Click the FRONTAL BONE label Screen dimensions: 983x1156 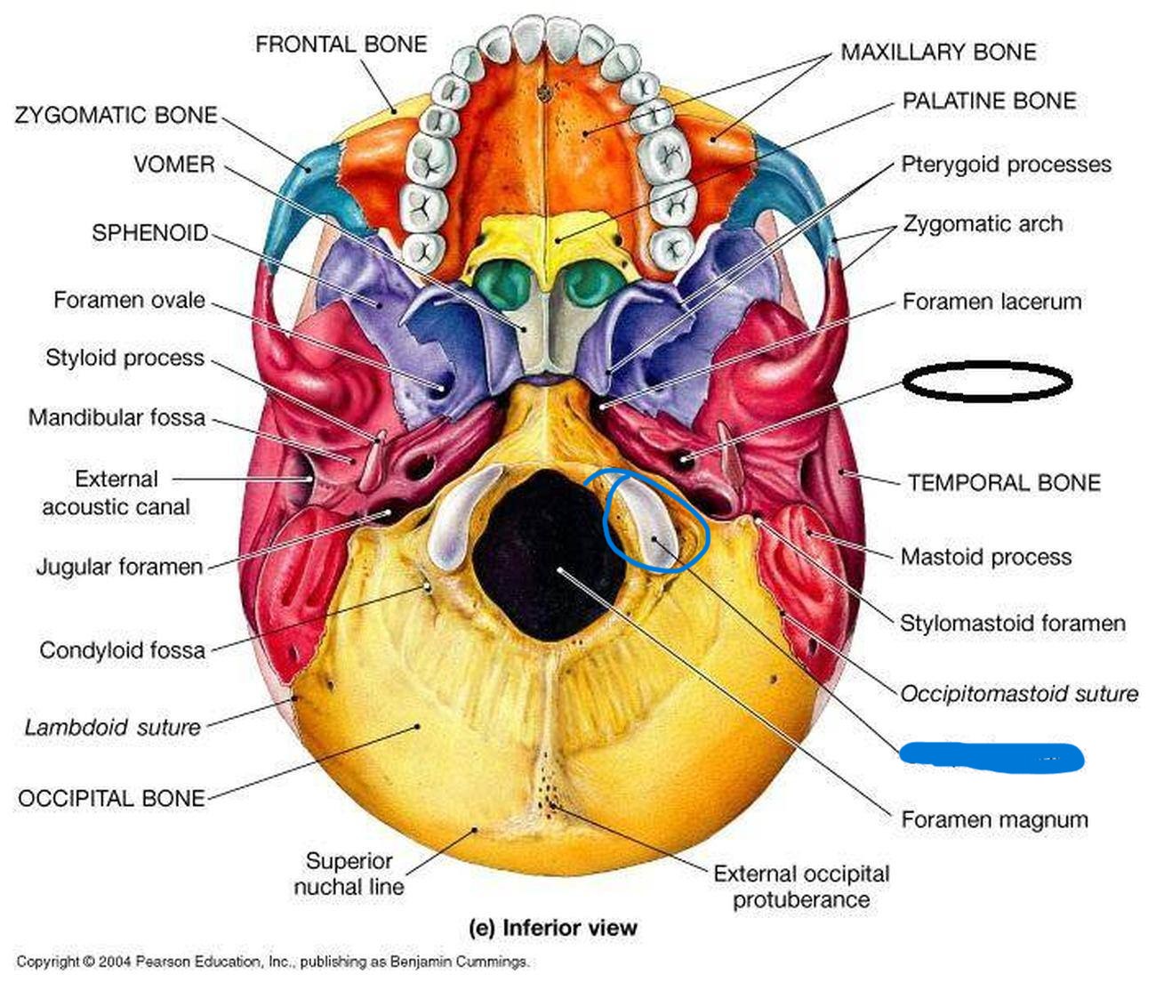(341, 44)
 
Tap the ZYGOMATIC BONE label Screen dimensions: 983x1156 (116, 116)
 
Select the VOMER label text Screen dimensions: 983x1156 (174, 165)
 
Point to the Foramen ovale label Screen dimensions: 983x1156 (129, 300)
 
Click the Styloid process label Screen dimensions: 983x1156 (124, 358)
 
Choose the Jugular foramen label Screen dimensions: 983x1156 (119, 567)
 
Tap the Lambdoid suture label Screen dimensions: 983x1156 (113, 727)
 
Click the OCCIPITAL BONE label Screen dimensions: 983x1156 (111, 798)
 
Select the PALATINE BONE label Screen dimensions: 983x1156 (989, 101)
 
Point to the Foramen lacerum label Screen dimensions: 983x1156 (991, 302)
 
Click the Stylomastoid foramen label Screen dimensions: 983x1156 (1013, 623)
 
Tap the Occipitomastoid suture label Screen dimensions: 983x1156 (1019, 693)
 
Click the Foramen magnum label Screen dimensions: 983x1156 (994, 819)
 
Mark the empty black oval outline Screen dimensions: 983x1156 (987, 382)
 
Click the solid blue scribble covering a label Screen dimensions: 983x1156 (991, 757)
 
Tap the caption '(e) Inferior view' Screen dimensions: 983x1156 (552, 927)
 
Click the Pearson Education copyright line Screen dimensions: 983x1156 (273, 962)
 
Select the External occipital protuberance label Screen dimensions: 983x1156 (800, 886)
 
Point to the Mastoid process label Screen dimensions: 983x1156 (985, 557)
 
